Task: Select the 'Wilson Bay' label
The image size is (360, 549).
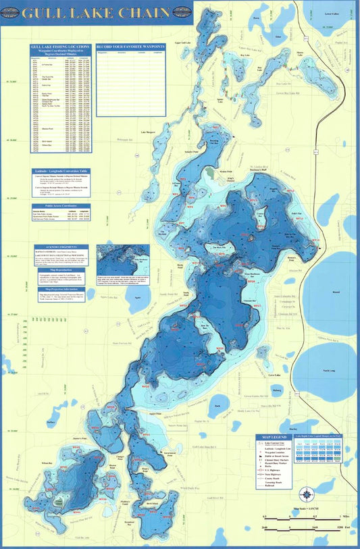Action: coord(47,463)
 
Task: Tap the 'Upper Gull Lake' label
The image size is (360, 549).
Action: coord(182,43)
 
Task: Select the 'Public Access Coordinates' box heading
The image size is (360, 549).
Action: coord(63,203)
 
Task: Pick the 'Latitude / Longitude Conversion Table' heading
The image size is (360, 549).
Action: coord(63,172)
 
